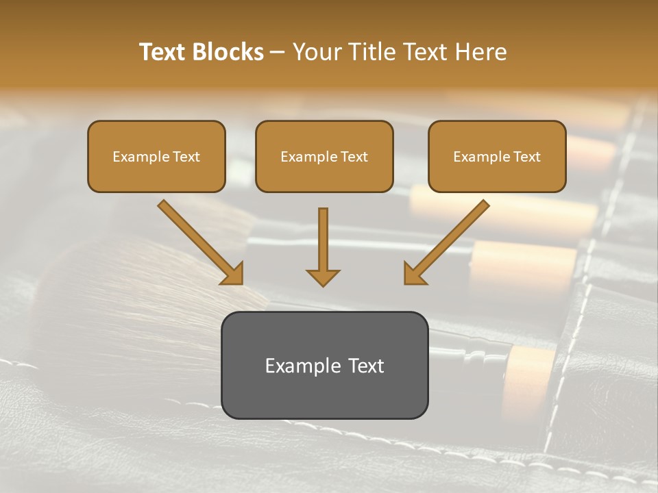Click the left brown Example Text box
[156, 156]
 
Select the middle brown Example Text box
[324, 156]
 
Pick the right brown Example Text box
[497, 156]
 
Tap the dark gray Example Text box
[324, 365]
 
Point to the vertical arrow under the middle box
[323, 243]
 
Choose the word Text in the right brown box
[526, 157]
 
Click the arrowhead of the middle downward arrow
[323, 277]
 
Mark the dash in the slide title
[278, 53]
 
